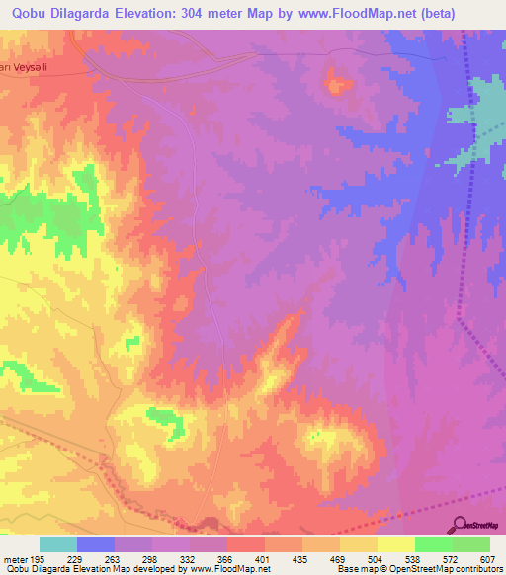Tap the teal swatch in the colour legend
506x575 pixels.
tap(58, 544)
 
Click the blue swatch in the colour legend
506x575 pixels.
tap(96, 544)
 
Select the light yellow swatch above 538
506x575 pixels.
tap(395, 544)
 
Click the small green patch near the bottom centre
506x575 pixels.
tap(166, 422)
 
